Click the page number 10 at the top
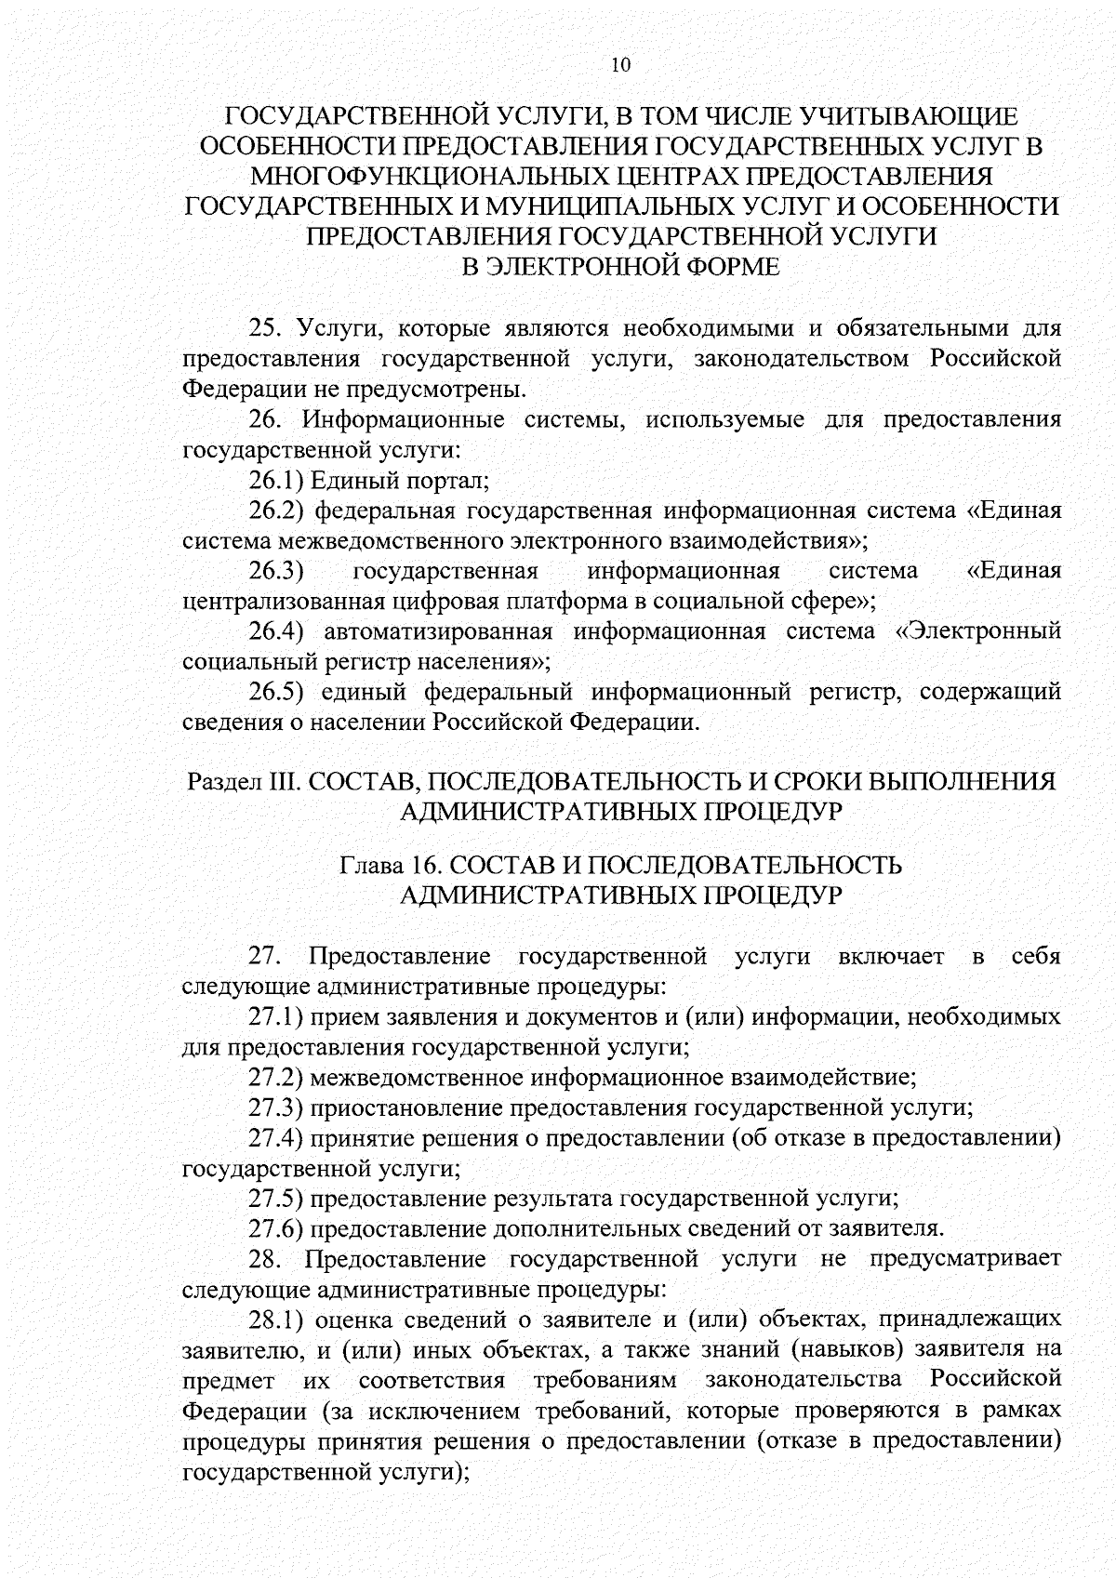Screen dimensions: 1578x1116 click(620, 64)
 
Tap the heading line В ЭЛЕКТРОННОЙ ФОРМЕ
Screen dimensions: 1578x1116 click(620, 267)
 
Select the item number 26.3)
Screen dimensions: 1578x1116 click(276, 570)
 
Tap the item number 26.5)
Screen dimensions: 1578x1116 click(276, 692)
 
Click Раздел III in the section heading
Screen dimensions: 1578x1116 click(241, 781)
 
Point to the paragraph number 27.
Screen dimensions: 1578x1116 click(264, 956)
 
